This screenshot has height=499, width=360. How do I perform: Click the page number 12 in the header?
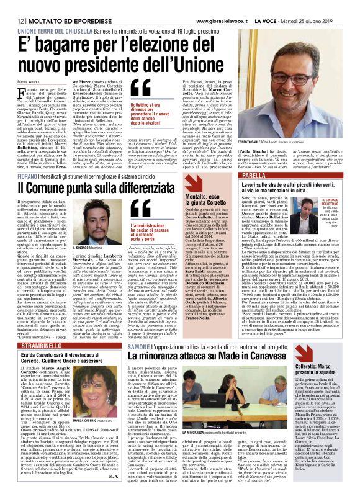[x=12, y=21]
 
